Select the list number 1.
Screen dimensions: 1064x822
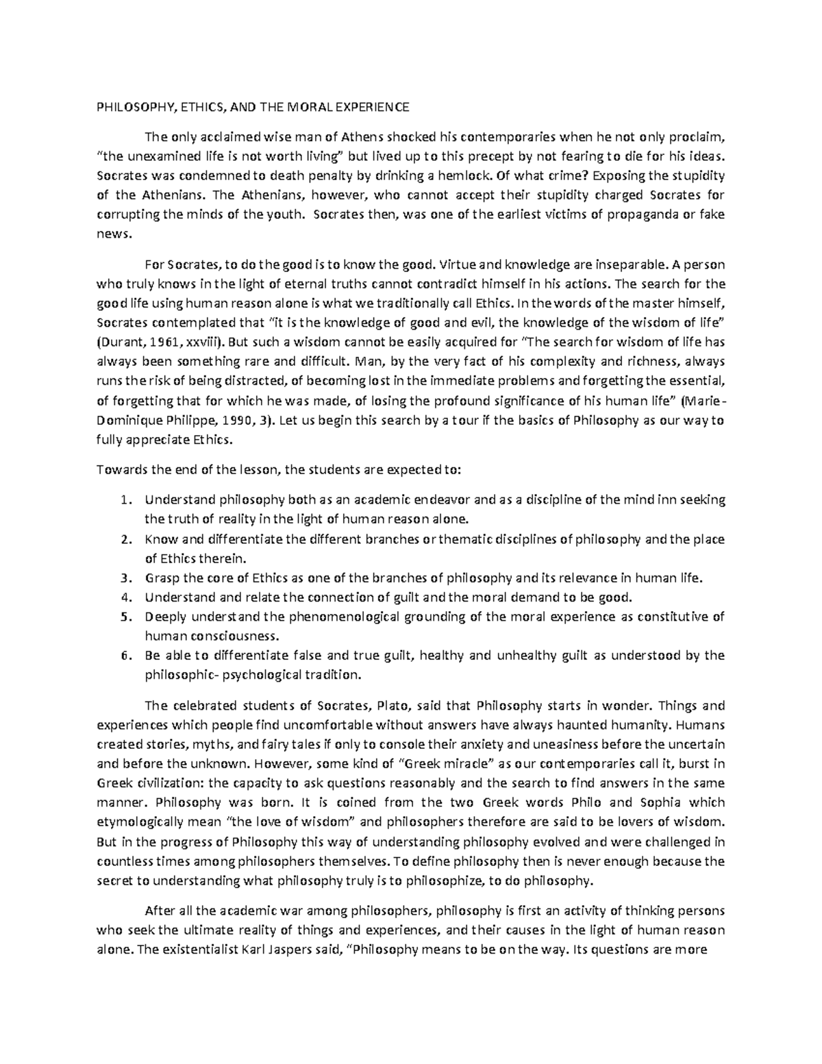(x=124, y=499)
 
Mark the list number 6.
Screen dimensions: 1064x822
(x=124, y=655)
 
